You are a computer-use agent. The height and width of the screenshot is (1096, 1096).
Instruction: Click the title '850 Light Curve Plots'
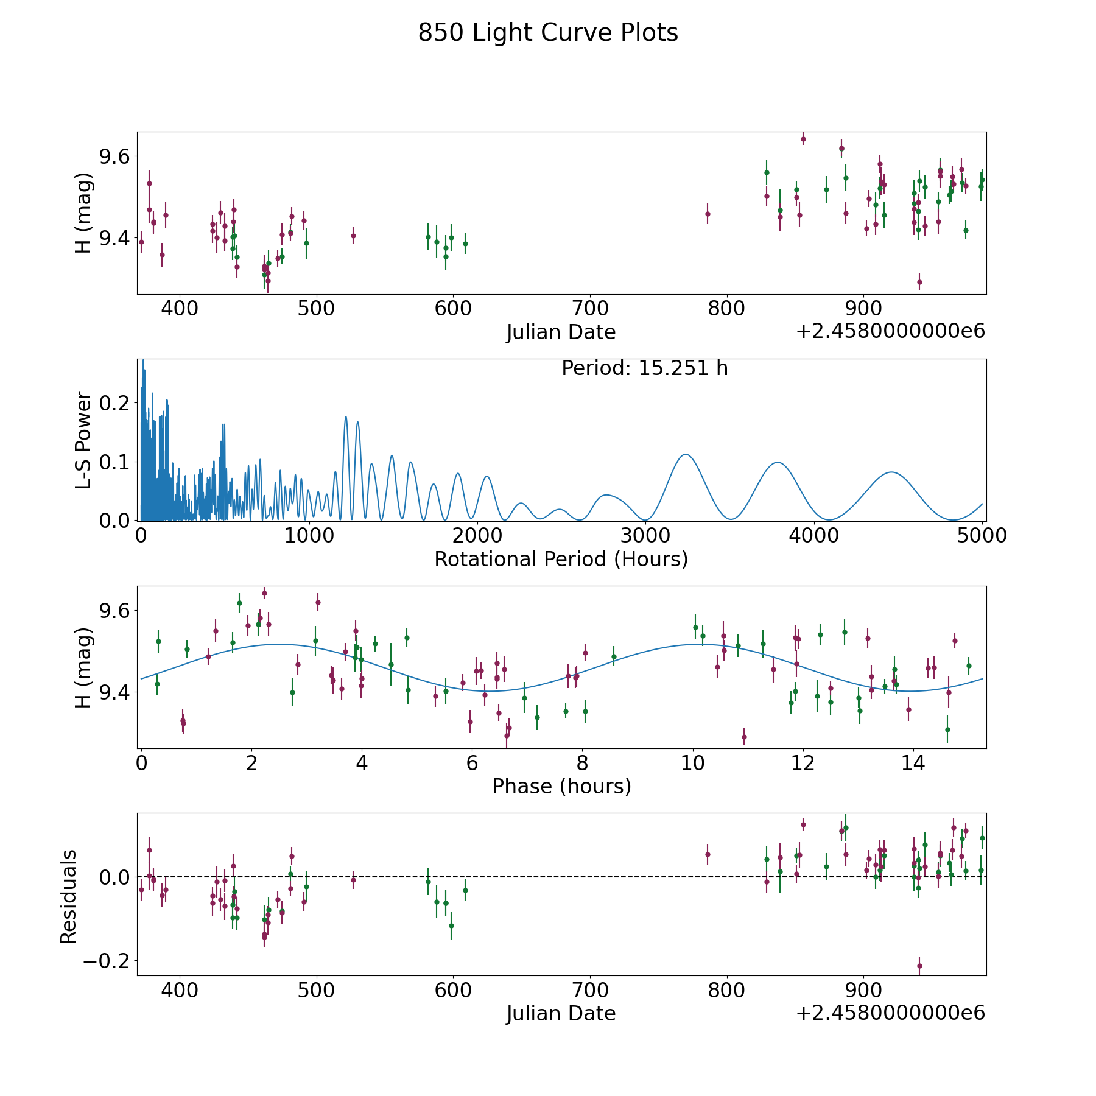coord(548,33)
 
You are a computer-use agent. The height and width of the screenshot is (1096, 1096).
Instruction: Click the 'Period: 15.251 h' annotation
coord(644,368)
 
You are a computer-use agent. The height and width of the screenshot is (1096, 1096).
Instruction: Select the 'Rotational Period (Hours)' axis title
coord(561,559)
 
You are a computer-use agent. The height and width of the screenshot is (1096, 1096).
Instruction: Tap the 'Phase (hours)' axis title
coord(561,786)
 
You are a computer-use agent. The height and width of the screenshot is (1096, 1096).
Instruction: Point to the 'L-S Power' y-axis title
coord(83,440)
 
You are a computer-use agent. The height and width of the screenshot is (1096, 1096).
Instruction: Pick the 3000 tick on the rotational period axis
coord(646,536)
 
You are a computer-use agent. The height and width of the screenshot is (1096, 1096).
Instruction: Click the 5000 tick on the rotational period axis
coord(982,536)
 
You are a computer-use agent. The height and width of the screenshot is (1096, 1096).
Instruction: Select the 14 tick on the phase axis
coord(913,763)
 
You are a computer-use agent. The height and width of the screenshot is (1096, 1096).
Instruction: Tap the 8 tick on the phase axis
coord(583,763)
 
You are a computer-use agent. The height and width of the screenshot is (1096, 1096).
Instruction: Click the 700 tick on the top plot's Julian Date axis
coord(591,309)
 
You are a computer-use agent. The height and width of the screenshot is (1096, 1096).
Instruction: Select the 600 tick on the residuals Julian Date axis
coord(454,990)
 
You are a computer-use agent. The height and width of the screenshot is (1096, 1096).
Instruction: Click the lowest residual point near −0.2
coord(919,966)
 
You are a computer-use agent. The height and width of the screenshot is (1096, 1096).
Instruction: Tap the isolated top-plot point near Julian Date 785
coord(708,214)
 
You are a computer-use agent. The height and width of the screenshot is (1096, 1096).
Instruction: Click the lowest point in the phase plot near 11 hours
coord(744,737)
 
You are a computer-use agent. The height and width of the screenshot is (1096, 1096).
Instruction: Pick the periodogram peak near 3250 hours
coord(686,454)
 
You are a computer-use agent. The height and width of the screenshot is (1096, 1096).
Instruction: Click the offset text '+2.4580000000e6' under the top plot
coord(890,332)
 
